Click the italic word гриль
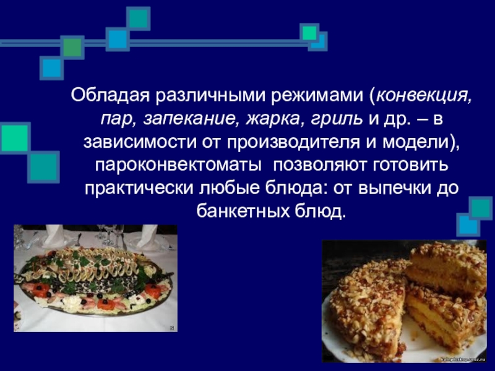[336, 119]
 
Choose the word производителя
[293, 142]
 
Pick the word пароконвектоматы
[178, 165]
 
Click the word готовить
[410, 164]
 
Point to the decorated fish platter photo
[95, 278]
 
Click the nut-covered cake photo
[404, 301]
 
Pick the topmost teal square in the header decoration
[138, 19]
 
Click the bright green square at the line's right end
[309, 33]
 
